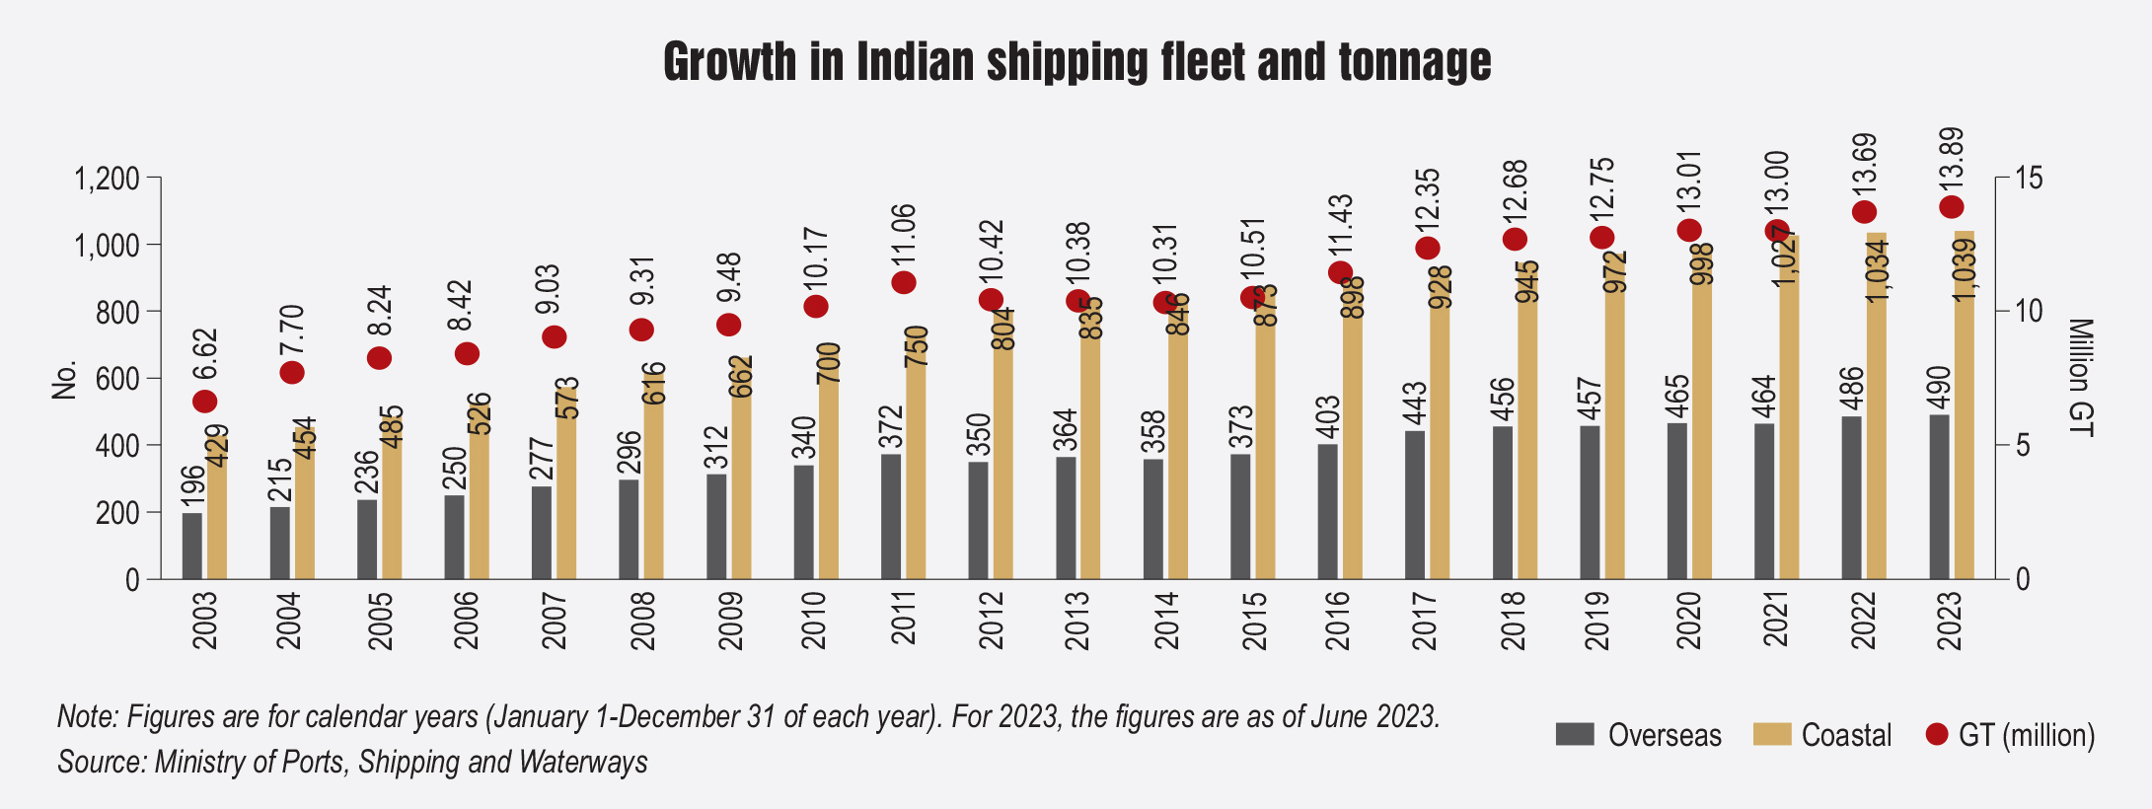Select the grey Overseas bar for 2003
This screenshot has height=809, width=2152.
[192, 546]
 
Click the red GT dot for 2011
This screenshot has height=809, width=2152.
[904, 282]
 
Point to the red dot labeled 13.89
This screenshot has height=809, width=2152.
[1952, 207]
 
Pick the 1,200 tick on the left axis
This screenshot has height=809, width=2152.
[107, 179]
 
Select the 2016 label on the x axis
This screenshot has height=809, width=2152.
[1338, 621]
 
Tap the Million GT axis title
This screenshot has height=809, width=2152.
[2080, 377]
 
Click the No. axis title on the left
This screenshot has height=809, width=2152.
[64, 380]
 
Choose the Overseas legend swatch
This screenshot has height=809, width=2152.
[1575, 734]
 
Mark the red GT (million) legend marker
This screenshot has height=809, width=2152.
[1937, 734]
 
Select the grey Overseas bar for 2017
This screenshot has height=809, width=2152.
[1415, 504]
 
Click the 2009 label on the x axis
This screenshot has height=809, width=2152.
[731, 621]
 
